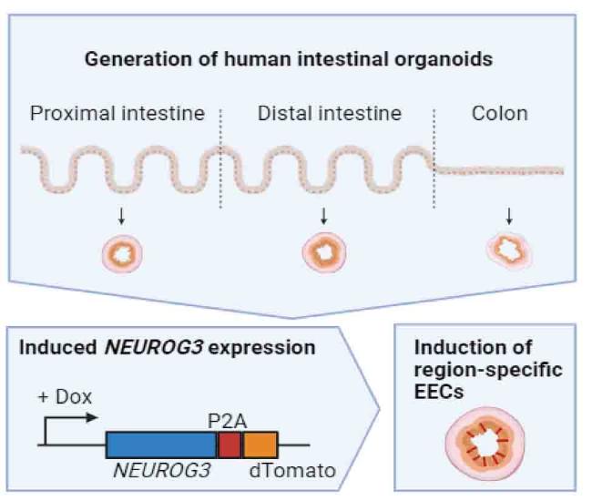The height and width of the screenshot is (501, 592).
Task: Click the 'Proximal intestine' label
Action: pos(117,114)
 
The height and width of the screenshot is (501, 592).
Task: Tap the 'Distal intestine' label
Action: pos(329,113)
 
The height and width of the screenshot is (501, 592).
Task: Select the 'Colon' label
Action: pos(499,113)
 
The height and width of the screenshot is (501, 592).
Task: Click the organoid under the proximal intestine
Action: pos(122,253)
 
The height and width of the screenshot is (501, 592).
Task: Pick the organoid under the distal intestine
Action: pos(324,252)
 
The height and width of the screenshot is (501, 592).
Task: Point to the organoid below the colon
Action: pos(509,250)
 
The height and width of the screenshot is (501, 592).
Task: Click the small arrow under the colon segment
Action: pos(509,216)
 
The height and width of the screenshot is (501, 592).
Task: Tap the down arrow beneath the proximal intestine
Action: pos(121,216)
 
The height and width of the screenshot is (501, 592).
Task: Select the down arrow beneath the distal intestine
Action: pos(323,216)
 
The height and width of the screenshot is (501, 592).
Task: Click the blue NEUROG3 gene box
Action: pos(161,445)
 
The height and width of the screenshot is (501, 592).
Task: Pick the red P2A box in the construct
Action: pos(229,445)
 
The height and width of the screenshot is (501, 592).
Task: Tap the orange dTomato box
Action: pos(260,445)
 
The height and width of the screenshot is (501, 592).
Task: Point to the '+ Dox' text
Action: pos(65,397)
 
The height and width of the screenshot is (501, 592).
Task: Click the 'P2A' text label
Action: pos(228,422)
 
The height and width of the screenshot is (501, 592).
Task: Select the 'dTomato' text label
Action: pos(292,471)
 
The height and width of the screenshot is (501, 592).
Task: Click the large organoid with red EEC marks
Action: pos(485,443)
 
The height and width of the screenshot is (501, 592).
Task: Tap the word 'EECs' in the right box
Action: pos(439,392)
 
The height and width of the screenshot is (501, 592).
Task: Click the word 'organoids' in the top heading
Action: pos(444,59)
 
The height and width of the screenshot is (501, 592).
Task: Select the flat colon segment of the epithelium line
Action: pos(499,170)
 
